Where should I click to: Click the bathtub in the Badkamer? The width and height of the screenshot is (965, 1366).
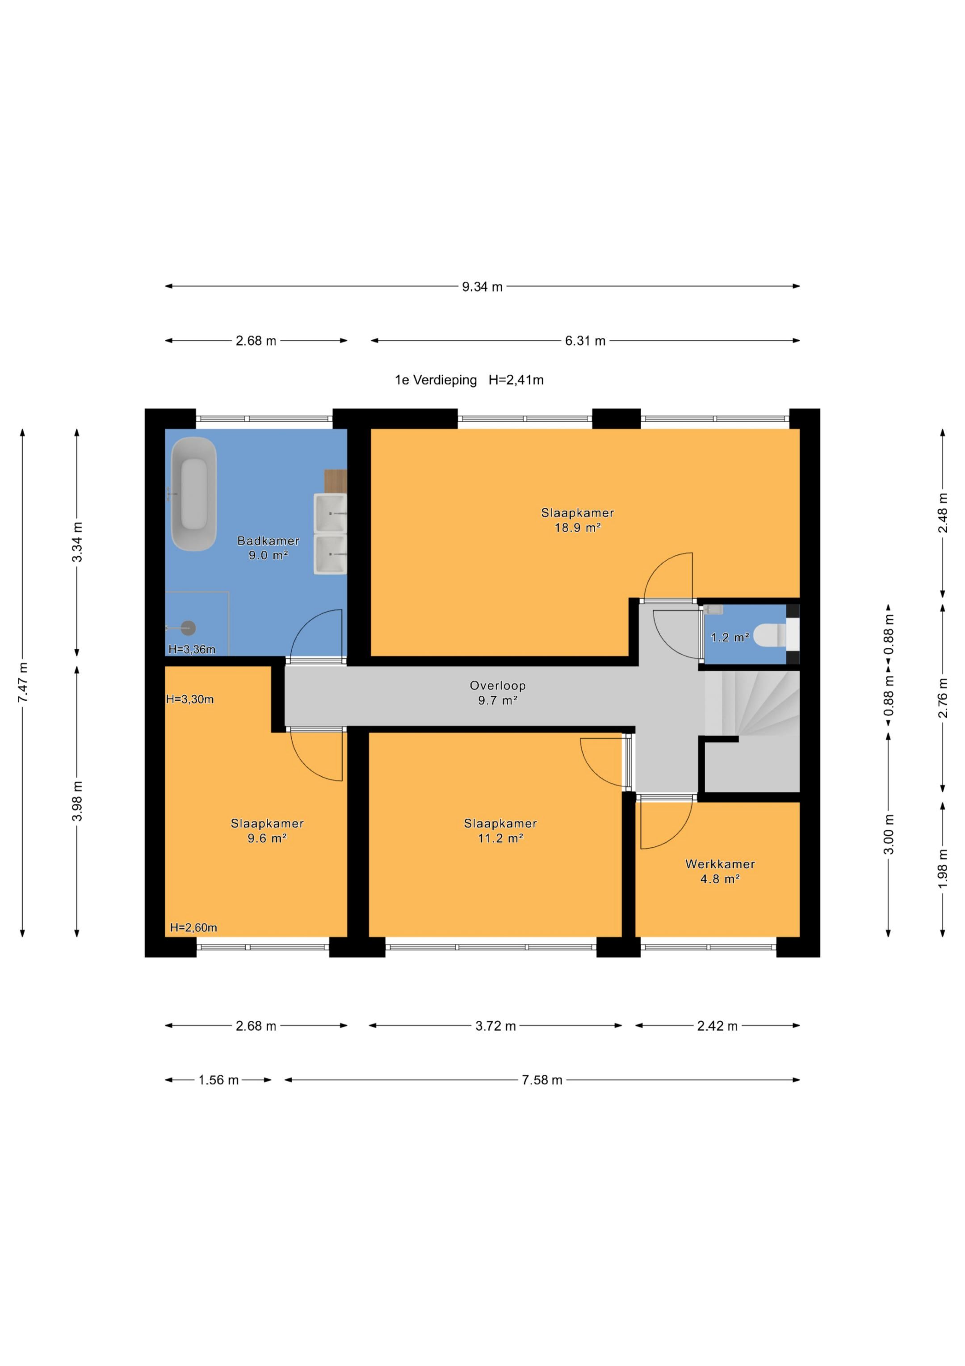coord(193,494)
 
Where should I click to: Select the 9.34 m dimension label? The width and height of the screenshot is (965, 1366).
coord(482,287)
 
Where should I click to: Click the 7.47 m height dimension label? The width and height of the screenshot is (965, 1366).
coord(23,682)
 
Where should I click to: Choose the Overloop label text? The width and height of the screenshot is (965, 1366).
coord(498,685)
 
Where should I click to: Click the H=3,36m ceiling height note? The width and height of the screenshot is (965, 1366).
coord(192,649)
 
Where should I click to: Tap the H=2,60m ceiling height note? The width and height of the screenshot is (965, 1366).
coord(193,927)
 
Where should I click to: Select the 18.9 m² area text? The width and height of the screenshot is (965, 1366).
coord(577,527)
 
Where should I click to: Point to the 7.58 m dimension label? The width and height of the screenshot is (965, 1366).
coord(541,1080)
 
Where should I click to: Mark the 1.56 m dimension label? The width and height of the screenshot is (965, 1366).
coord(218,1080)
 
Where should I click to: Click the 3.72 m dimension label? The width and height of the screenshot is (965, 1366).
coord(495,1026)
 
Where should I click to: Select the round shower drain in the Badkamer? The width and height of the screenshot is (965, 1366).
coord(189,628)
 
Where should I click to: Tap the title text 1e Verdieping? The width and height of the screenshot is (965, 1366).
coord(436,380)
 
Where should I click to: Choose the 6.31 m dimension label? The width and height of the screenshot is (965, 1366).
coord(585,341)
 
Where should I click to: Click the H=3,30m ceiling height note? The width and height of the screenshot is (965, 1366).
coord(190,699)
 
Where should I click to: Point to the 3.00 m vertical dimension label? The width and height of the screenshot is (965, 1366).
coord(888,833)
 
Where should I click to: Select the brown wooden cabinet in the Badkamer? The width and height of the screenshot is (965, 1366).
coord(336,481)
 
